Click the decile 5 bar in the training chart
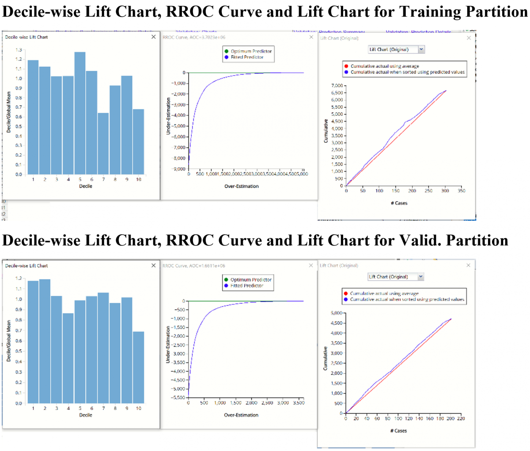(x=80, y=113)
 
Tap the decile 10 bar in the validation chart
(x=138, y=367)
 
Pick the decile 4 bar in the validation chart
(x=68, y=358)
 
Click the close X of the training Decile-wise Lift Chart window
(x=153, y=37)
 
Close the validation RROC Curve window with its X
(x=311, y=265)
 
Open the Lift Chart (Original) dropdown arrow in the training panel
(x=421, y=50)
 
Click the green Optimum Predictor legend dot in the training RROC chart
(x=227, y=51)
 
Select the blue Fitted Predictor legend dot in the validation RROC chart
(x=226, y=286)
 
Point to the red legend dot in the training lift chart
(x=346, y=66)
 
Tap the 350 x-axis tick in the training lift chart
(x=462, y=191)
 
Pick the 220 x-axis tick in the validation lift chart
(x=461, y=418)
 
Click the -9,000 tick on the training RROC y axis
(x=179, y=169)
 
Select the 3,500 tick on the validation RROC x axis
(x=299, y=403)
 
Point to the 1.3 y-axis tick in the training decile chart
(x=19, y=50)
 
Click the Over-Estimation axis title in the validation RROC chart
(x=241, y=415)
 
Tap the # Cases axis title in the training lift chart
(x=399, y=203)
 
